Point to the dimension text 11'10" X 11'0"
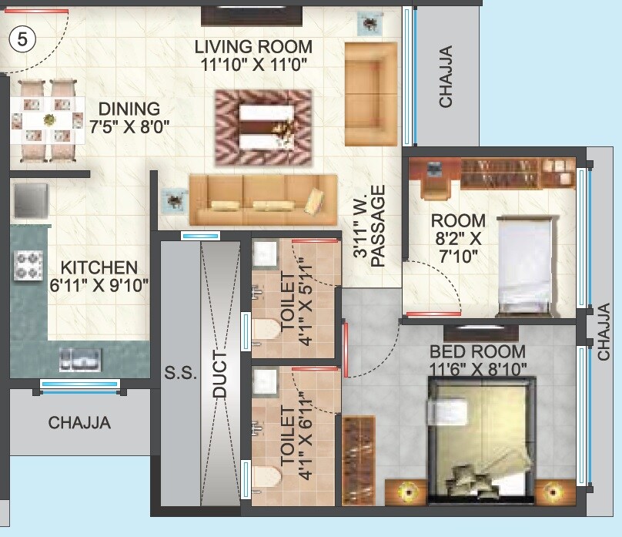[254, 65]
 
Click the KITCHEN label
[99, 269]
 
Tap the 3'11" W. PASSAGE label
[369, 231]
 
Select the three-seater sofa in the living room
[263, 199]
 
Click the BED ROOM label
[477, 351]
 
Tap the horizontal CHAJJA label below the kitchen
[79, 423]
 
